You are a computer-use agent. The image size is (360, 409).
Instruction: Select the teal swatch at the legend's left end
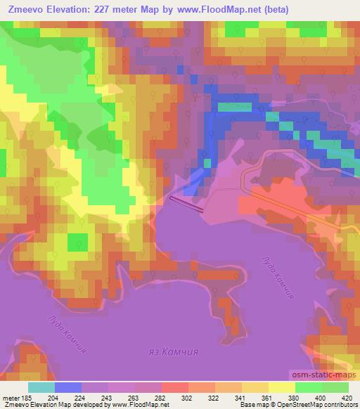(41, 387)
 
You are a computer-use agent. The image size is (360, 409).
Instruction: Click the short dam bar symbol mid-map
(186, 204)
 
